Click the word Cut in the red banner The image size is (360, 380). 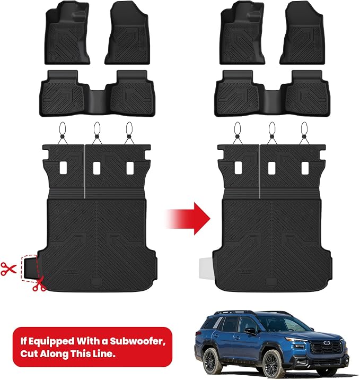point(29,353)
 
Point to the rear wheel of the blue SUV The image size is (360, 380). point(212,360)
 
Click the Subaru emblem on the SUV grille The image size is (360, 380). point(327,343)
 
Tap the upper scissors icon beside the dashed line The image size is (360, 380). point(8,269)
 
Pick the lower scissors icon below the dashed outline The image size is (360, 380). point(39,284)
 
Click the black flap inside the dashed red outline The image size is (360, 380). point(31,268)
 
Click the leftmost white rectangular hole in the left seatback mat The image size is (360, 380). point(63,168)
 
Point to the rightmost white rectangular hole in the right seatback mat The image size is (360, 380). point(305,168)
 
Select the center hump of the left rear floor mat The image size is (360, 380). point(97,100)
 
